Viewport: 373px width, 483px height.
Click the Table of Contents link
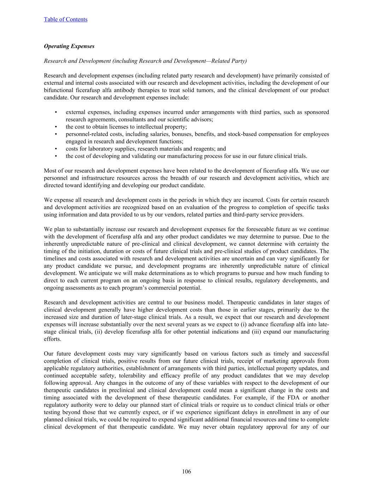point(65,19)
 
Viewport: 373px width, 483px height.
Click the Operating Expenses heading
point(69,46)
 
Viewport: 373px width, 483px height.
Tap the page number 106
point(186,471)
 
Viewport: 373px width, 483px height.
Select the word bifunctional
point(58,90)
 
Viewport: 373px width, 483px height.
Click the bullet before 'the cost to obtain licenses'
point(56,127)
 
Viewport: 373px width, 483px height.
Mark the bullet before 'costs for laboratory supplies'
point(56,149)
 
